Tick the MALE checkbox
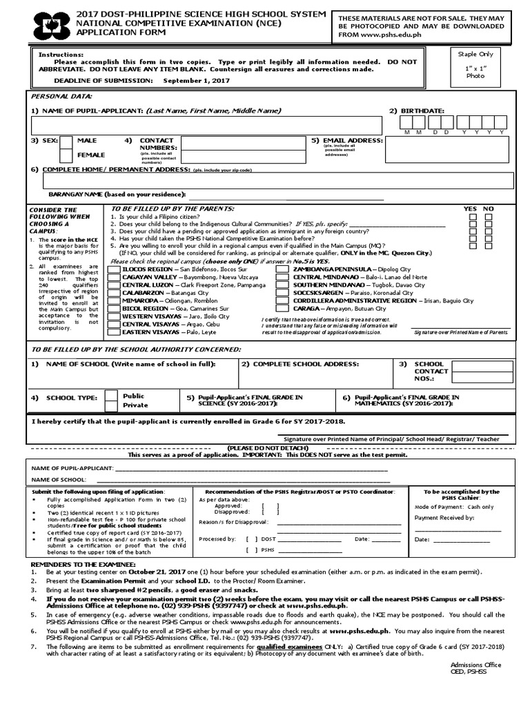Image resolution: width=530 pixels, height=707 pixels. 66,142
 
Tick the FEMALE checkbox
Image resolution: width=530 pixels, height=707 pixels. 66,155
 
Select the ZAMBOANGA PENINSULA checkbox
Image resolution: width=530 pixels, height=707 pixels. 283,269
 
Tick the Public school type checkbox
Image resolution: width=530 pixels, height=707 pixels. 110,396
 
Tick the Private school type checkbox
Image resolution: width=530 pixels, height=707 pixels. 110,406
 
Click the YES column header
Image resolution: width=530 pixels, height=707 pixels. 470,209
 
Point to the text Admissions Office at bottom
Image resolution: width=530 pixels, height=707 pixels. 475,665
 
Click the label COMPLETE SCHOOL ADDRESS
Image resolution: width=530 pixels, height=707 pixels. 299,363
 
